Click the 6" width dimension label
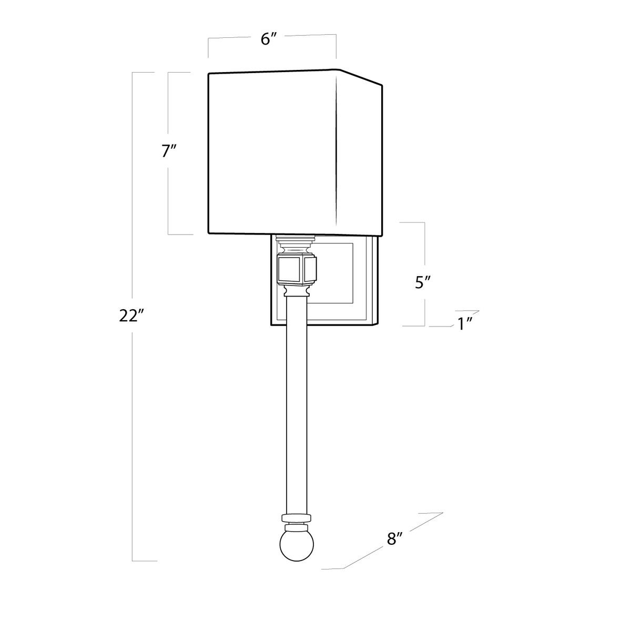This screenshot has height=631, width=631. click(x=270, y=39)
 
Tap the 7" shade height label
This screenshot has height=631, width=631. click(x=169, y=151)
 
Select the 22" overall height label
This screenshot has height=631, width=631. click(x=131, y=315)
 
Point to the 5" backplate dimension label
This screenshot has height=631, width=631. click(x=423, y=282)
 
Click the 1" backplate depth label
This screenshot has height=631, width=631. click(x=465, y=324)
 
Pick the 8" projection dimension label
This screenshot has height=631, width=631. click(x=394, y=538)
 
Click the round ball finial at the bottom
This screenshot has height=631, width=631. click(x=297, y=545)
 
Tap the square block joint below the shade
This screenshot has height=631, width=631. click(x=297, y=269)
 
